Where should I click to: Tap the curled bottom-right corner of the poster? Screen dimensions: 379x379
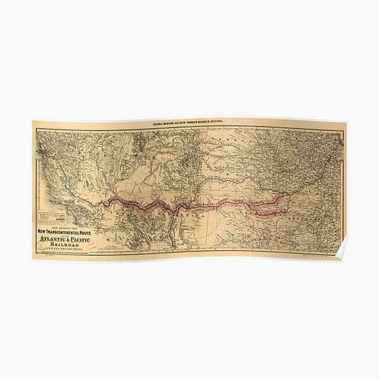point(341,253)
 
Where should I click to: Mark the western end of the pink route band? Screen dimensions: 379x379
point(107,202)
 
